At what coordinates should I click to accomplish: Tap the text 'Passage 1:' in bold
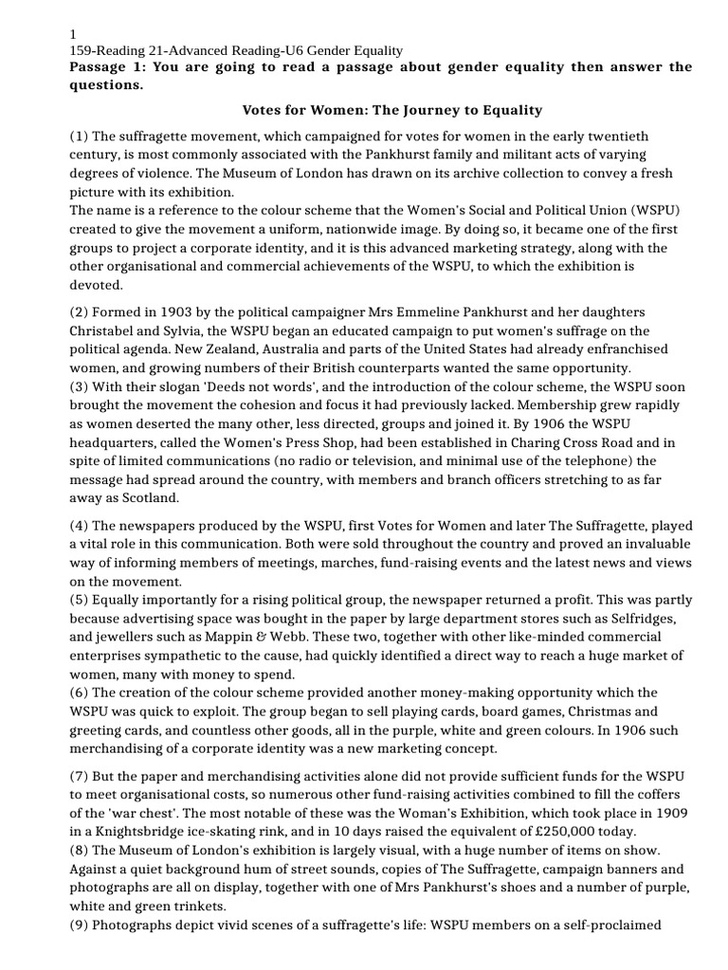click(x=107, y=66)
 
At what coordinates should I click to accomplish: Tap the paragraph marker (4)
click(x=81, y=525)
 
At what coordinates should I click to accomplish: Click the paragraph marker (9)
click(x=81, y=925)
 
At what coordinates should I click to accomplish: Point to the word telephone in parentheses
click(x=546, y=460)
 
